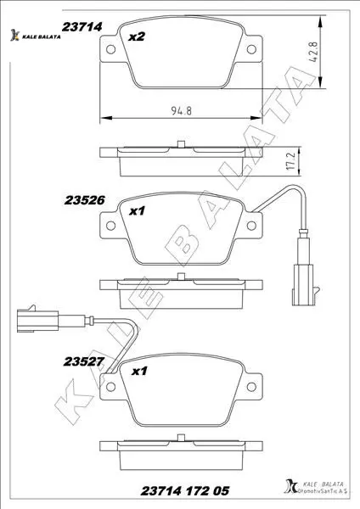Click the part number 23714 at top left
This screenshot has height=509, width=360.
(x=82, y=26)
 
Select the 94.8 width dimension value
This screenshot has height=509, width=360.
(x=182, y=110)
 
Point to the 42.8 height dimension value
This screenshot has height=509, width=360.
(x=313, y=52)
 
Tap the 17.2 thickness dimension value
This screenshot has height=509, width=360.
(x=291, y=162)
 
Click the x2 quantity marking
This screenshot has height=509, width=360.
(x=137, y=36)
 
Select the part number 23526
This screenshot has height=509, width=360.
(x=84, y=200)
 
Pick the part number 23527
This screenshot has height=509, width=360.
(x=84, y=361)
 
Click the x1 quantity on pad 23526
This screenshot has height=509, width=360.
(x=137, y=211)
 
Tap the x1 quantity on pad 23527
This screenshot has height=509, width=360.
(x=139, y=371)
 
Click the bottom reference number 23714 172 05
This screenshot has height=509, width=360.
(x=185, y=490)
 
